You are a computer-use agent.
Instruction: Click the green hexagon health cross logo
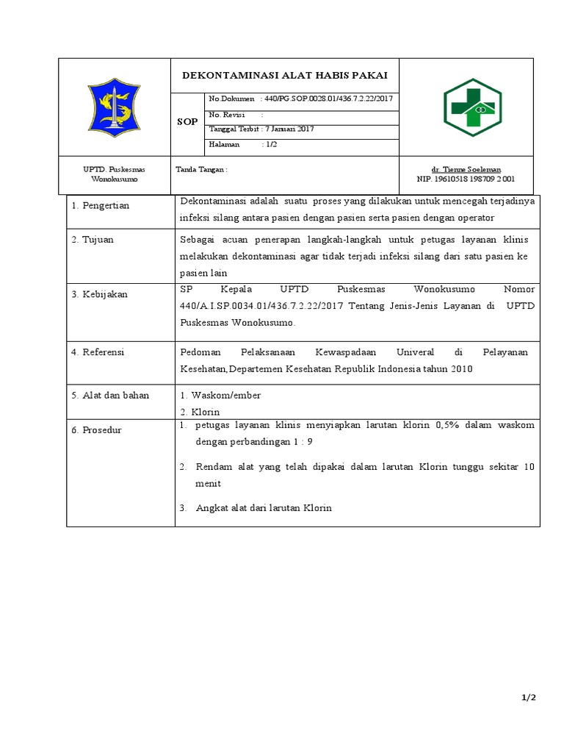[x=472, y=107]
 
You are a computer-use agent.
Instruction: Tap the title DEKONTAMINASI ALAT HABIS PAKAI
[x=285, y=76]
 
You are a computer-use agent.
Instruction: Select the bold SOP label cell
[x=187, y=121]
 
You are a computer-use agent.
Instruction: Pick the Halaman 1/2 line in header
[x=243, y=144]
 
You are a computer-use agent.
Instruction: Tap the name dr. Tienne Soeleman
[x=466, y=169]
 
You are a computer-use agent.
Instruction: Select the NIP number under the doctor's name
[x=466, y=179]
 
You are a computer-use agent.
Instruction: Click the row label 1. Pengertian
[x=100, y=205]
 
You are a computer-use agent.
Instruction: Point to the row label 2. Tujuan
[x=93, y=239]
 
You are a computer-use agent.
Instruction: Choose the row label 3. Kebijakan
[x=99, y=294]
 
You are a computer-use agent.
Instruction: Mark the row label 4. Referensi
[x=98, y=352]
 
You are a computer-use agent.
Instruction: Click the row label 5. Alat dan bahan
[x=110, y=395]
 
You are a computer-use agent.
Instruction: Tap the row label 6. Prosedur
[x=96, y=429]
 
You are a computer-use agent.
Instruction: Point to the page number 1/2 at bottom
[x=529, y=699]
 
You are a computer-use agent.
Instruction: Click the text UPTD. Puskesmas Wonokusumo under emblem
[x=114, y=174]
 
